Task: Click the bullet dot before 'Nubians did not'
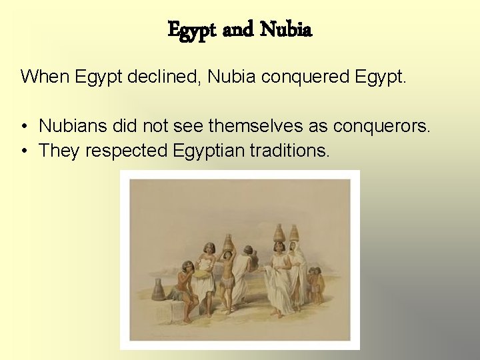click(x=24, y=125)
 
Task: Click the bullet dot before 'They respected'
click(x=24, y=151)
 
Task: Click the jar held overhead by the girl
click(x=228, y=241)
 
